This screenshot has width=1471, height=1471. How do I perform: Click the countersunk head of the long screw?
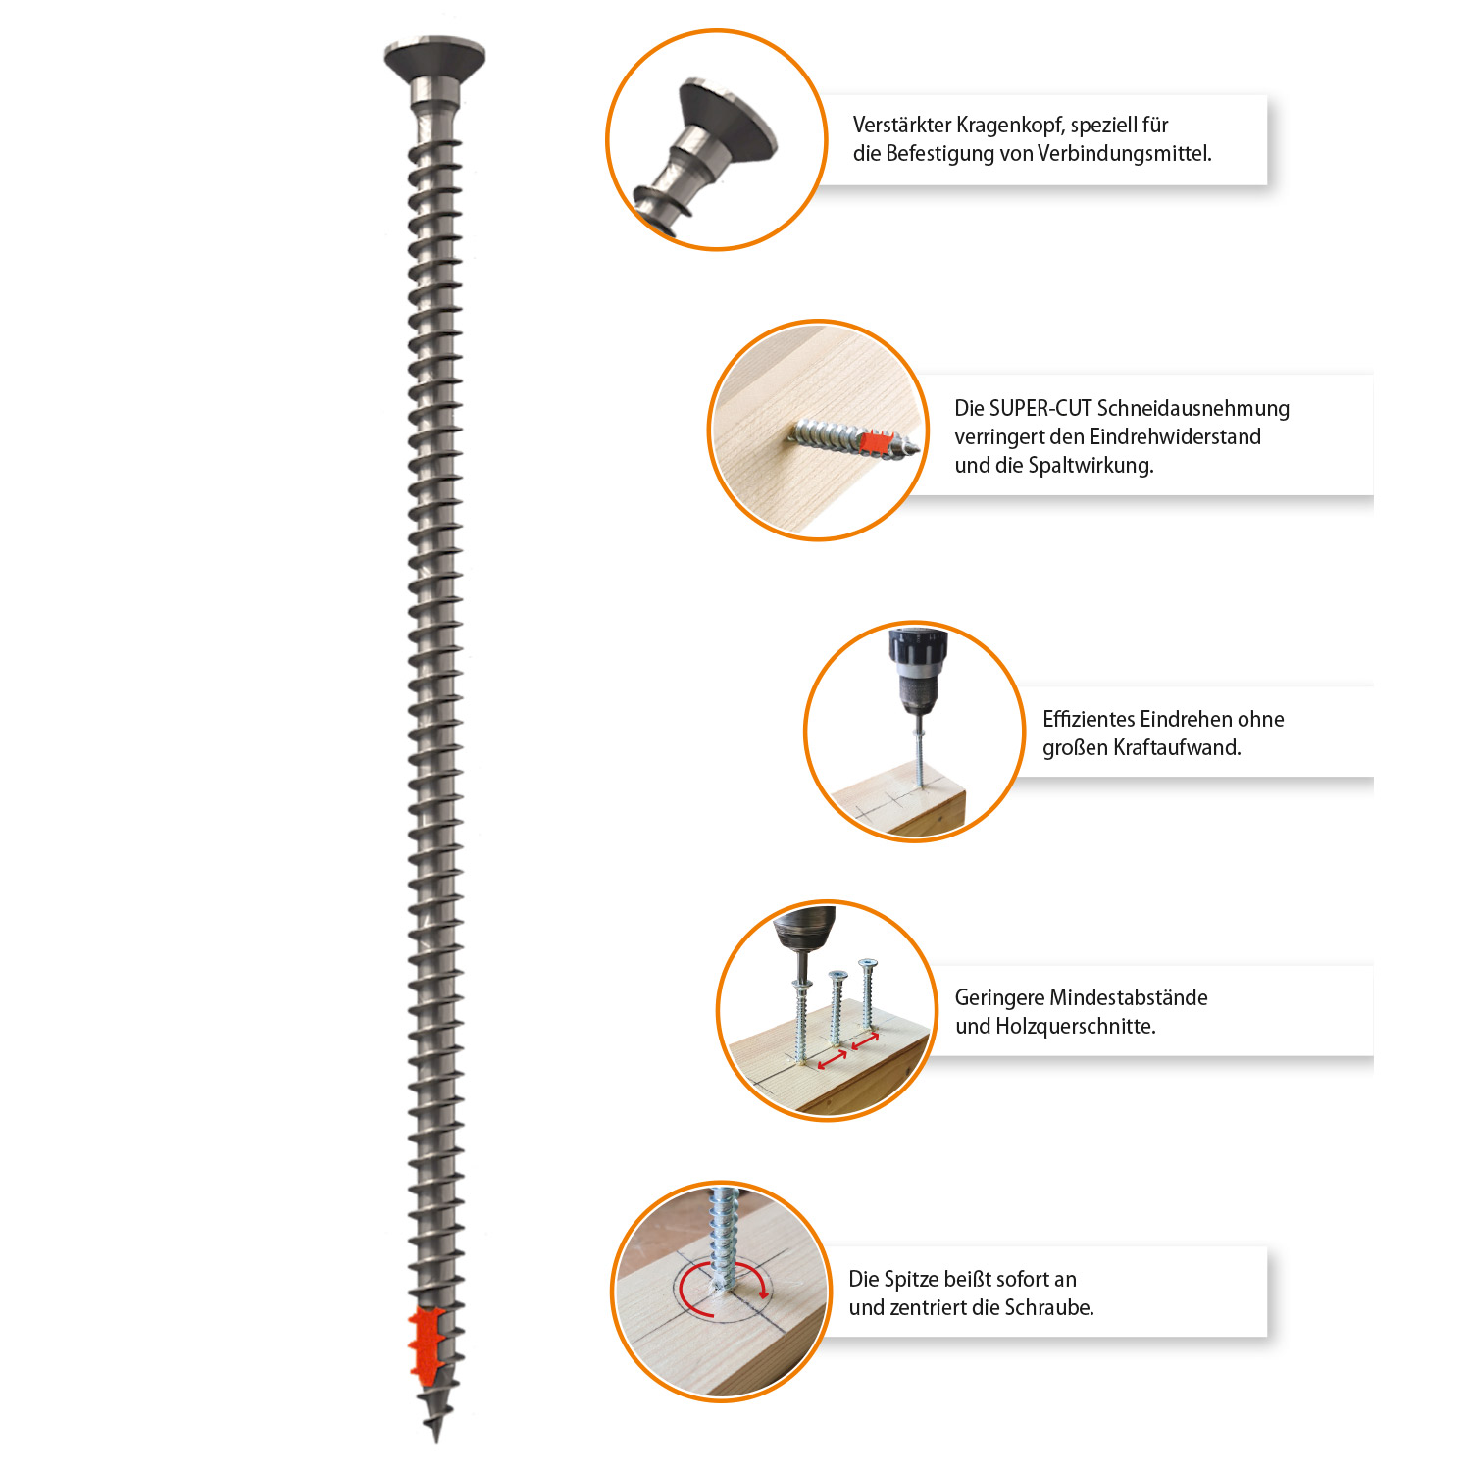(434, 60)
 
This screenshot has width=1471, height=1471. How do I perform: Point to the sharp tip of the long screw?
(436, 1437)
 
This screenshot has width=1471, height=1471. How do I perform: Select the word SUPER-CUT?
(1040, 408)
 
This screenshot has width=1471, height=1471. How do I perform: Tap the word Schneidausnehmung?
(1193, 409)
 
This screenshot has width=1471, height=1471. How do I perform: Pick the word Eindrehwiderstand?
(1176, 437)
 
